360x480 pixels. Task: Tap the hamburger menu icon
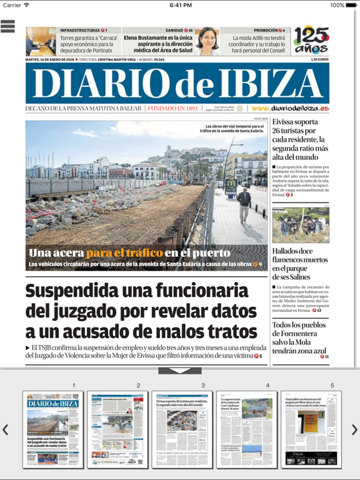coord(8,26)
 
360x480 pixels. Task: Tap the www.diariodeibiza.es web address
coord(290,108)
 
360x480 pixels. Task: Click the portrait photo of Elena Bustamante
coord(207,41)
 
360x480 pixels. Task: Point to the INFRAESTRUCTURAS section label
coord(79,30)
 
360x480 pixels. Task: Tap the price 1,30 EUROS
coord(319,59)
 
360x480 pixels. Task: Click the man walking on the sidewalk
coord(243,203)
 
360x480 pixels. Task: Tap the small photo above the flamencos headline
coord(301,226)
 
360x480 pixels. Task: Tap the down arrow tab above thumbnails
coord(180,371)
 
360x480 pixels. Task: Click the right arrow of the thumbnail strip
coord(354,429)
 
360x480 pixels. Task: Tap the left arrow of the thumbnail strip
coord(6,429)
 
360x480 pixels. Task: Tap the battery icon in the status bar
coord(351,5)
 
